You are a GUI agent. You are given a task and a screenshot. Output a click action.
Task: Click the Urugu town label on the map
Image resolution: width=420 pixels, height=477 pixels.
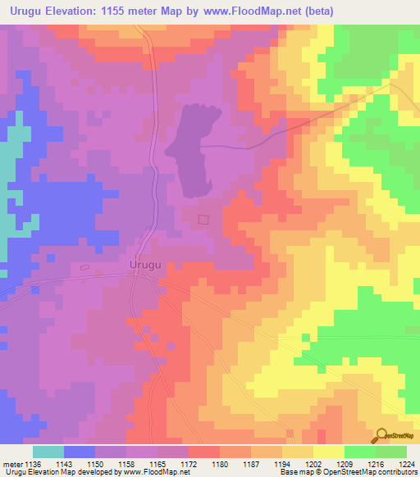(x=146, y=265)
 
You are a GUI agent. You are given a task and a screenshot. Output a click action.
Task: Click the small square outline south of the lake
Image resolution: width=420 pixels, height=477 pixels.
(x=204, y=218)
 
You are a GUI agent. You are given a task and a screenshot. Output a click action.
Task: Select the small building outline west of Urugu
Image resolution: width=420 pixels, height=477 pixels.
(x=84, y=266)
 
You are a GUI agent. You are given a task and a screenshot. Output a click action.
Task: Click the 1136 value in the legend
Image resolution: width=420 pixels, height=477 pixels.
(x=32, y=463)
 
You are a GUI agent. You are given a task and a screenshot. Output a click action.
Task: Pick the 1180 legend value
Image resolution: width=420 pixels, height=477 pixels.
(x=220, y=463)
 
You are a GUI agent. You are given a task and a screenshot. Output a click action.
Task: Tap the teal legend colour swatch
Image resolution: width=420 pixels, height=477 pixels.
(x=48, y=452)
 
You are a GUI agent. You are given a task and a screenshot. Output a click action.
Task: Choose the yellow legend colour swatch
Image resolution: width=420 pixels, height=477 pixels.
(x=328, y=452)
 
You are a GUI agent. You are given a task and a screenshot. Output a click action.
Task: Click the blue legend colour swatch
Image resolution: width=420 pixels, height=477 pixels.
(x=79, y=452)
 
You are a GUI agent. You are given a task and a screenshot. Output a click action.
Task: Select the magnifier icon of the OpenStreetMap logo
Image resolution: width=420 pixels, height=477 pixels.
(x=381, y=437)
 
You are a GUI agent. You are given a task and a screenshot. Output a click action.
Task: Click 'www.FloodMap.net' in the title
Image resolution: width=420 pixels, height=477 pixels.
(x=235, y=10)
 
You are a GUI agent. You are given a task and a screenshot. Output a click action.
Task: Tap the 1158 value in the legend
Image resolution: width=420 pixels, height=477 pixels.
(x=126, y=463)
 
